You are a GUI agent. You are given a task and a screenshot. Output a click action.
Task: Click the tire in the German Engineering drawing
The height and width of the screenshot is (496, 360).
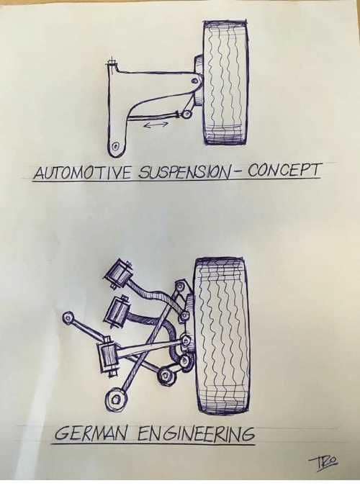pyautogui.click(x=221, y=335)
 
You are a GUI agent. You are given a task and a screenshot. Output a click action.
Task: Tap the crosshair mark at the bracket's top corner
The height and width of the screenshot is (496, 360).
pyautogui.click(x=112, y=64)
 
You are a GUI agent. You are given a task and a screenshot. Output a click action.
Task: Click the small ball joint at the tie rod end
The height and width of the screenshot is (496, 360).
pyautogui.click(x=186, y=113)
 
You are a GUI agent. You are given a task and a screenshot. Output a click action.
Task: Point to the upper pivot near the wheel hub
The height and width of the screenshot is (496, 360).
pyautogui.click(x=195, y=81)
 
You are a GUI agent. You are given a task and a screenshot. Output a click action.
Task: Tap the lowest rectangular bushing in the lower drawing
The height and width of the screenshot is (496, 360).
pyautogui.click(x=107, y=356)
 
